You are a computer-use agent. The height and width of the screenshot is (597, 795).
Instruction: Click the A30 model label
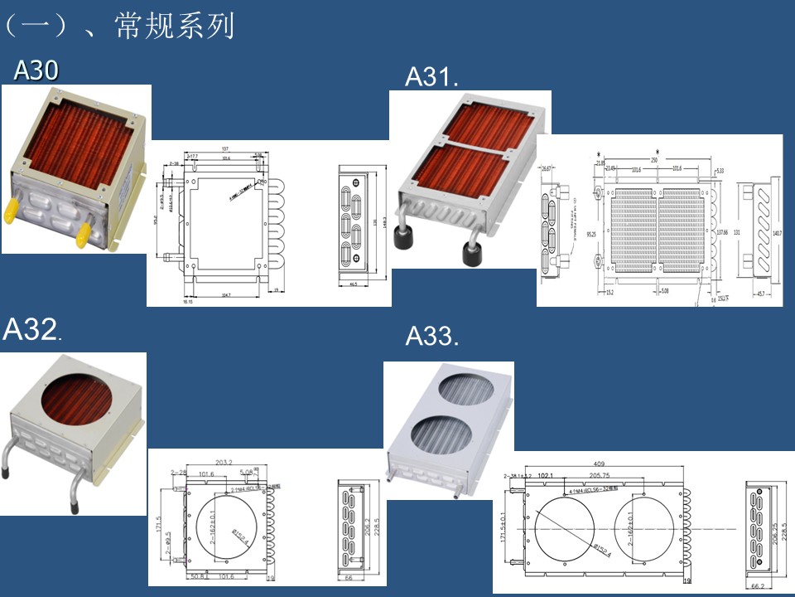36,71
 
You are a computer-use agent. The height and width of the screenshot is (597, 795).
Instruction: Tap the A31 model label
431,77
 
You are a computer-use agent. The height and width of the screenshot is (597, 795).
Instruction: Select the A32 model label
31,330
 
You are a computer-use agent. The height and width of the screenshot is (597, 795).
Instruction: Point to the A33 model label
431,337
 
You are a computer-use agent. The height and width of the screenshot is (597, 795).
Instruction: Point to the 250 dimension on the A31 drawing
653,160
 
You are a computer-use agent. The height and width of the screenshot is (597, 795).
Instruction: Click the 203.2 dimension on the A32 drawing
224,463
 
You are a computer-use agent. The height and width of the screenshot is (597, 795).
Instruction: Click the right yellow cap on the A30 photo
83,238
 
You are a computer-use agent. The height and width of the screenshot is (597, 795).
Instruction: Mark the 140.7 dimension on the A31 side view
776,234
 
